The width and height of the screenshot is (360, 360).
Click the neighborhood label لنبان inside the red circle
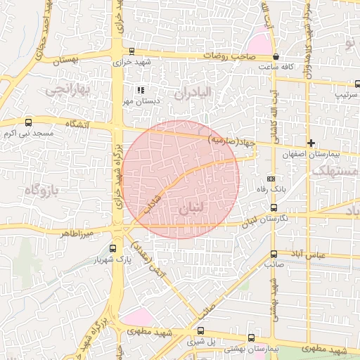point(195,209)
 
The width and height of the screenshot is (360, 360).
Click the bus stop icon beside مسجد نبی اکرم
point(28,122)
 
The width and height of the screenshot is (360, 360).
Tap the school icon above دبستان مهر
point(141,90)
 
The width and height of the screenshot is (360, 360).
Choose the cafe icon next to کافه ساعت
point(276,56)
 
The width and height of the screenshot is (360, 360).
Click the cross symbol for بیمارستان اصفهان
point(311,143)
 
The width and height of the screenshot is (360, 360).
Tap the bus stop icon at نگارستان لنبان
point(274,207)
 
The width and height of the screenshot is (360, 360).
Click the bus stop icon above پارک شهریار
point(113,247)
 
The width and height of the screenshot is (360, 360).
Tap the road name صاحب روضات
point(229,53)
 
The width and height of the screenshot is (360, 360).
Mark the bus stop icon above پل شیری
point(200,330)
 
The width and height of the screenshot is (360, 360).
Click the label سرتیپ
point(345,92)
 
